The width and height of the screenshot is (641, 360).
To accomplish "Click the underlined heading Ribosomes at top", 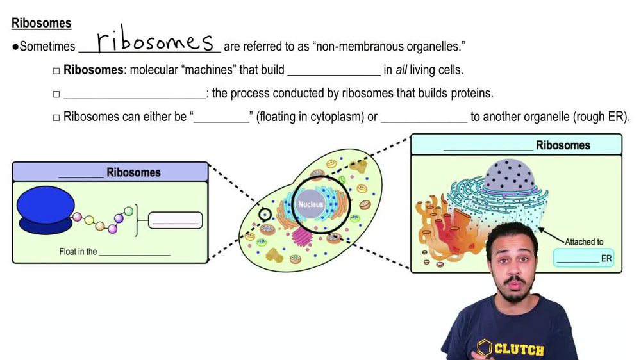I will pyautogui.click(x=41, y=24).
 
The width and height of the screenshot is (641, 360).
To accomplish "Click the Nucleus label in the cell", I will pyautogui.click(x=310, y=205).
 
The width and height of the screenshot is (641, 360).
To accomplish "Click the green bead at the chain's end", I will pyautogui.click(x=128, y=211).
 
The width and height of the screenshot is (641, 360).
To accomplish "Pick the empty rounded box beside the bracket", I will pyautogui.click(x=175, y=220).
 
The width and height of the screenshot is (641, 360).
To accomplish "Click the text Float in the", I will pyautogui.click(x=78, y=252).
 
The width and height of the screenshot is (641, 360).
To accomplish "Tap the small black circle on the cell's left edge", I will pyautogui.click(x=265, y=214).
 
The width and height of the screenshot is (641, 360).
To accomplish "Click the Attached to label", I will pyautogui.click(x=584, y=242).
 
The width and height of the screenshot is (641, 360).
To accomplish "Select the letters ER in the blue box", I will pyautogui.click(x=606, y=259).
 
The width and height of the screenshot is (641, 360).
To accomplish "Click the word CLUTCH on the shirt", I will pyautogui.click(x=519, y=350).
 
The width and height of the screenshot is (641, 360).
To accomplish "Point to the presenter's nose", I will pyautogui.click(x=512, y=270).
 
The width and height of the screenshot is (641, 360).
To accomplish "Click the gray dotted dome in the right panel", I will pyautogui.click(x=510, y=176).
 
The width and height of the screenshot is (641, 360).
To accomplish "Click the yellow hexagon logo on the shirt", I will pyautogui.click(x=485, y=348).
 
